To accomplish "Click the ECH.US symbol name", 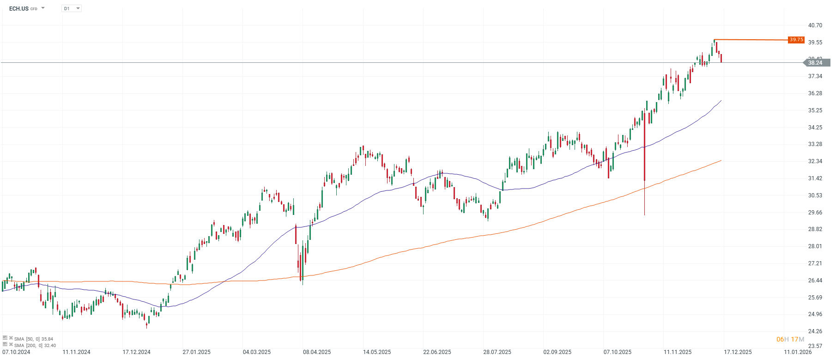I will coord(19,8).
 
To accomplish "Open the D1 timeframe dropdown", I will coord(72,8).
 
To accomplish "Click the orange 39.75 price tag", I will coord(796,40).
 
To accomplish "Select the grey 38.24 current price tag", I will coord(815,63).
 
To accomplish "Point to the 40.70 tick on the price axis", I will coord(815,25).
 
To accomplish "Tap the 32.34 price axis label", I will coord(815,161).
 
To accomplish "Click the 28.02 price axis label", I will coord(815,246).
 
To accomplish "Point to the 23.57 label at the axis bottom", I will coord(815,346).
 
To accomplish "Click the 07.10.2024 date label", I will coord(16,352).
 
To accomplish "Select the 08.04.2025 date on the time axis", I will coord(317,352).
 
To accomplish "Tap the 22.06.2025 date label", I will coord(437,352).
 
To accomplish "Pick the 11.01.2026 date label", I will coord(798,352).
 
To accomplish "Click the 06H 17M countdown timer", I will coord(790,339).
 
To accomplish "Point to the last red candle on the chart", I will coord(721,58).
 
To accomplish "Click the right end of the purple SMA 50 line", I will coord(721,101).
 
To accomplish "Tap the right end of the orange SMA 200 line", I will coord(721,161).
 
